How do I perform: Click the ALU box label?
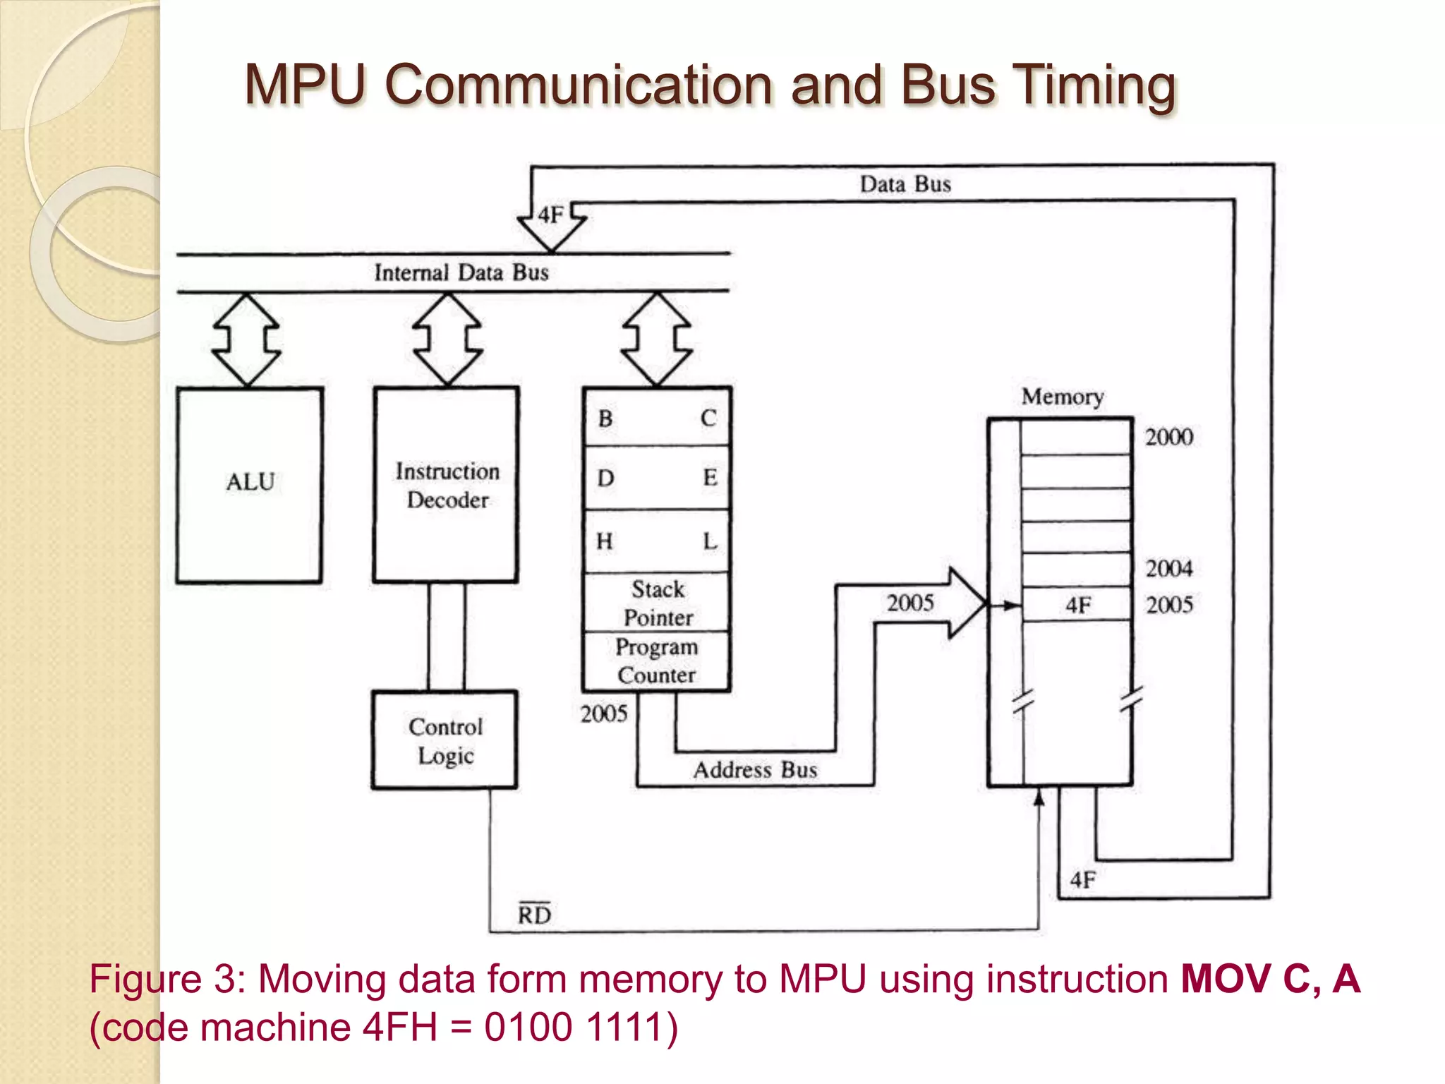click(x=250, y=482)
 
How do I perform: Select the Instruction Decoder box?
click(x=447, y=485)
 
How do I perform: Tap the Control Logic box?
click(x=445, y=740)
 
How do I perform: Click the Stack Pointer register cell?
click(x=657, y=603)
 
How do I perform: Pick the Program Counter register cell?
click(x=657, y=661)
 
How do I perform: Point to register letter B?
click(x=605, y=418)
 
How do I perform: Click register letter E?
click(x=710, y=478)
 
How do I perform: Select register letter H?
click(x=605, y=541)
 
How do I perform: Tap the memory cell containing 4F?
click(x=1077, y=605)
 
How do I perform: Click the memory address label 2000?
click(x=1168, y=437)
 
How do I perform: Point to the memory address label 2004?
click(x=1168, y=568)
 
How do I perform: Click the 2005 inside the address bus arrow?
click(x=910, y=603)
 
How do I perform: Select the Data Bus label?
click(x=905, y=184)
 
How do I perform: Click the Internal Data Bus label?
click(x=461, y=272)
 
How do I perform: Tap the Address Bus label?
click(x=755, y=769)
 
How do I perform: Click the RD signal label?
click(x=534, y=915)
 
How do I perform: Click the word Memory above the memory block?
click(x=1062, y=397)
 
